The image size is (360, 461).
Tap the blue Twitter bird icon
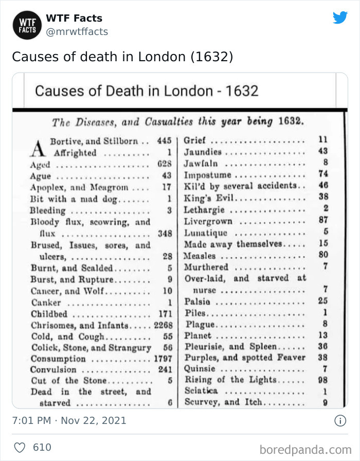pyautogui.click(x=340, y=17)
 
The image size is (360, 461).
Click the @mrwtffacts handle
pyautogui.click(x=77, y=31)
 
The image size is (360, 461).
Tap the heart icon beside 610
pyautogui.click(x=20, y=447)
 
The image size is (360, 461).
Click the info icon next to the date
pyautogui.click(x=340, y=420)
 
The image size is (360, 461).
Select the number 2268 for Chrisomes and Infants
pyautogui.click(x=163, y=325)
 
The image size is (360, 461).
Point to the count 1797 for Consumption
pyautogui.click(x=163, y=358)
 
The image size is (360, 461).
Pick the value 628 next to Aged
pyautogui.click(x=164, y=165)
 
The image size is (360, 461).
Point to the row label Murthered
pyautogui.click(x=206, y=267)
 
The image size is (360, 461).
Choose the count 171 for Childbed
pyautogui.click(x=165, y=314)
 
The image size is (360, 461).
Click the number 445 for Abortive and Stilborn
pyautogui.click(x=164, y=140)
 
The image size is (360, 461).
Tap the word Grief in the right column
pyautogui.click(x=195, y=140)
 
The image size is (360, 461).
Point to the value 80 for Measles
pyautogui.click(x=323, y=256)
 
